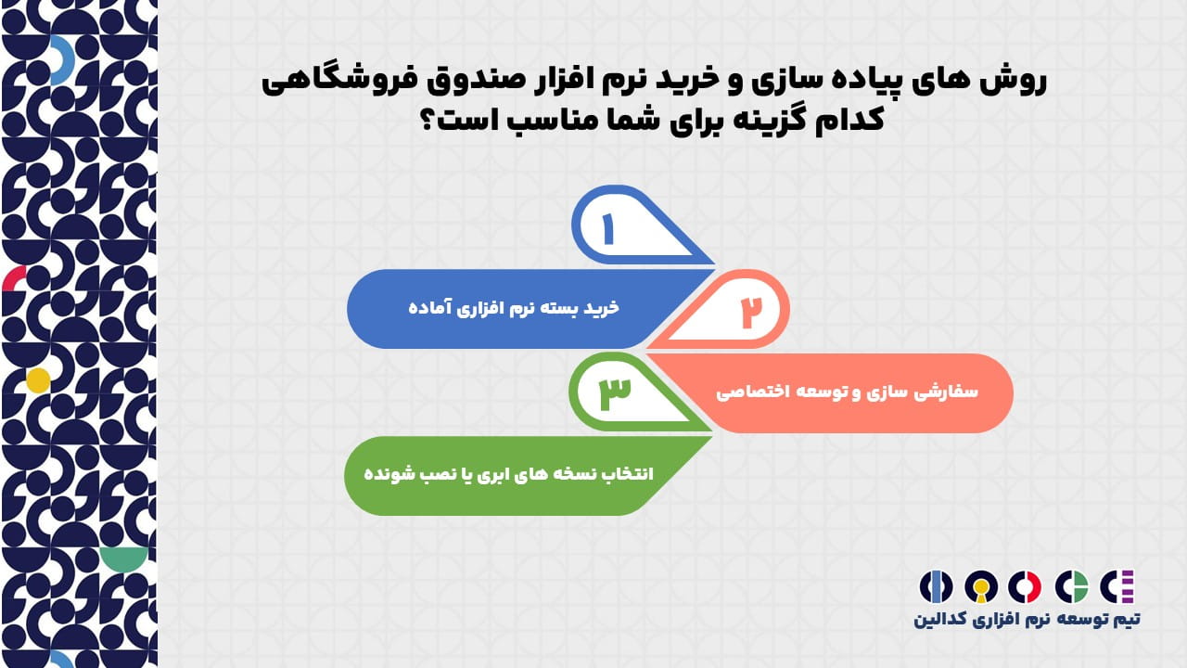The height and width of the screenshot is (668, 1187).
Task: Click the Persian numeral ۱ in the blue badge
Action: tap(607, 229)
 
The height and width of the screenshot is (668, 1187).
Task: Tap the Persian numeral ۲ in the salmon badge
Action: tap(751, 312)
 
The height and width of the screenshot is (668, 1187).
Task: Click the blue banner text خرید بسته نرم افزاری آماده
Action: tap(514, 307)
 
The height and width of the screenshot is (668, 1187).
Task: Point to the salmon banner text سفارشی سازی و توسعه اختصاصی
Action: tap(847, 392)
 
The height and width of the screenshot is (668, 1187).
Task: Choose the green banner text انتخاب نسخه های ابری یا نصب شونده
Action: tap(509, 473)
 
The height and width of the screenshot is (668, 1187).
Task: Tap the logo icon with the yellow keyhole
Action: tap(981, 586)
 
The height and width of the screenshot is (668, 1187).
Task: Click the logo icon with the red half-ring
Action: tap(1025, 586)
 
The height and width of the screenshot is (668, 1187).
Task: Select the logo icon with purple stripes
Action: tap(1117, 586)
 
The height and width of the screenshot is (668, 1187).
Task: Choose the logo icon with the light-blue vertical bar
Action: tap(936, 586)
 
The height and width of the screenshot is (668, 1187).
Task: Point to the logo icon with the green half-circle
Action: tap(1071, 586)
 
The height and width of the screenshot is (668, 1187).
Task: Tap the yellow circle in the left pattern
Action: tap(38, 380)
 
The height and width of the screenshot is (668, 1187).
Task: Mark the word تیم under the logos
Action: tap(1126, 619)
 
